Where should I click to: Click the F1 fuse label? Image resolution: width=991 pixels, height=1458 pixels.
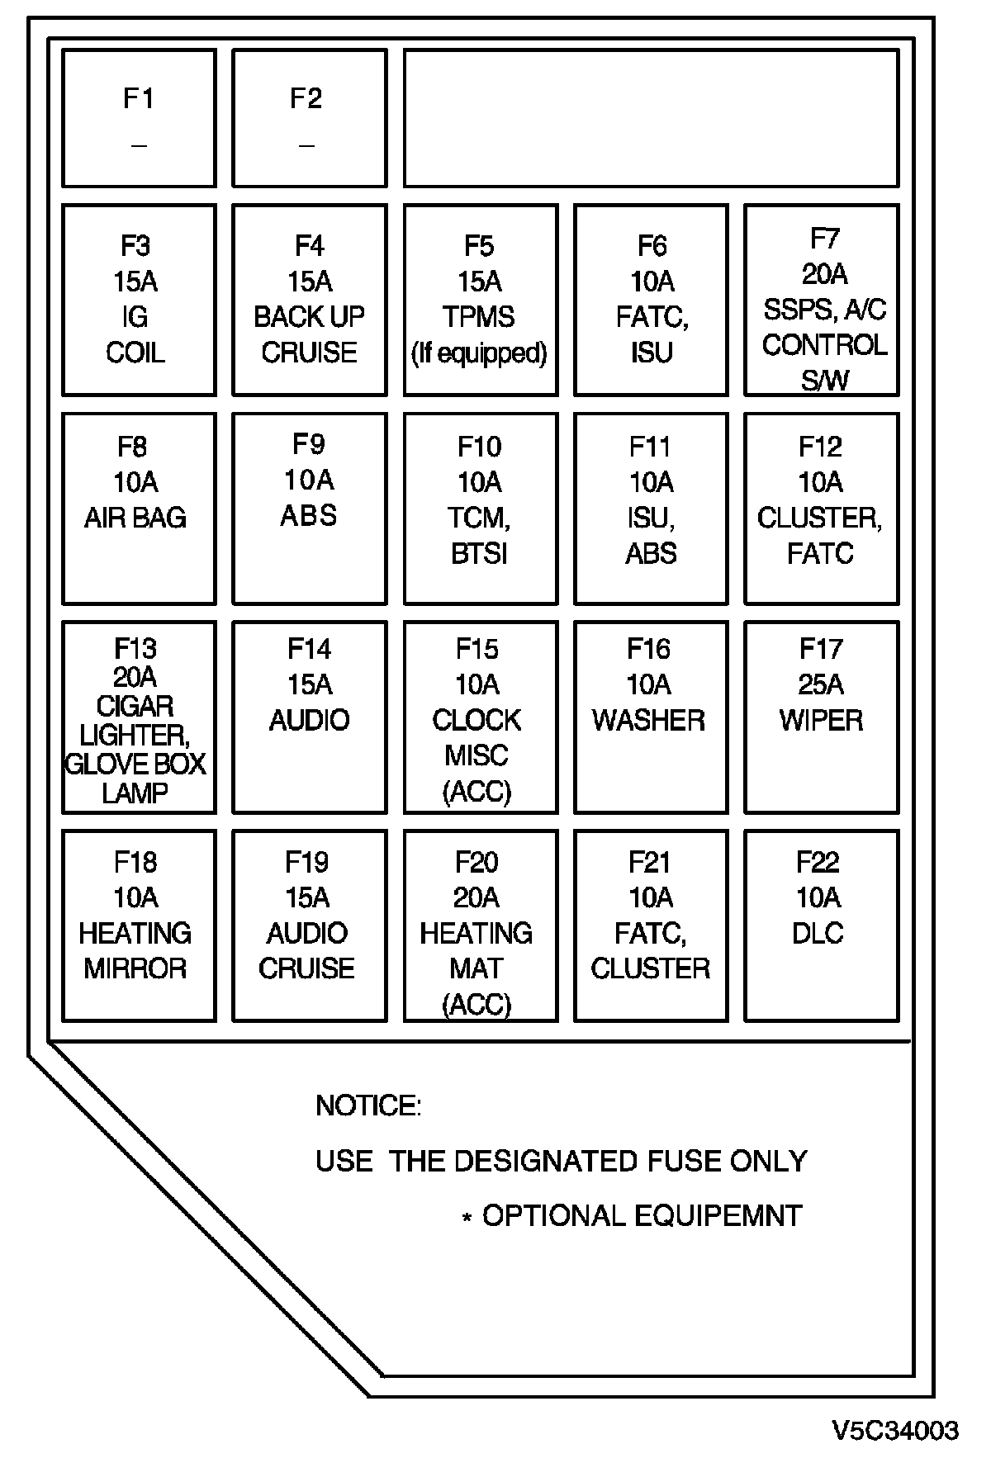[139, 99]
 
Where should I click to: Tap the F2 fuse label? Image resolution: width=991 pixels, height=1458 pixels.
[306, 99]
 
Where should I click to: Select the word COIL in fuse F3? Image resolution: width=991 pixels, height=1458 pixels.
[135, 353]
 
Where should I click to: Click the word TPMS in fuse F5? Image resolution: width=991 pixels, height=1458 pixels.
[478, 317]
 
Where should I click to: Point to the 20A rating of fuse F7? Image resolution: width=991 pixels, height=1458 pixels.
[824, 274]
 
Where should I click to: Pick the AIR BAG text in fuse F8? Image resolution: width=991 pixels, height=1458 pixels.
[135, 518]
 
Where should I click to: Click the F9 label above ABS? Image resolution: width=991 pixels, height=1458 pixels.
[309, 444]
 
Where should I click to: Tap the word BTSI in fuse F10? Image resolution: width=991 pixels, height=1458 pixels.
[479, 553]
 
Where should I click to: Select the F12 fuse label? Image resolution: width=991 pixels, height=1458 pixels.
[820, 447]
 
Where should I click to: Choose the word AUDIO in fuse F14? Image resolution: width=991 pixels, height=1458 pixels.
[310, 720]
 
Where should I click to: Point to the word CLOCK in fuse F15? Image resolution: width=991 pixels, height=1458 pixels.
[477, 720]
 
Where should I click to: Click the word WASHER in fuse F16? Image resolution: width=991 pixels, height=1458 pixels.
[649, 720]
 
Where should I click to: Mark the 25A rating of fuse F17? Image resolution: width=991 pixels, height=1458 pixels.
[821, 684]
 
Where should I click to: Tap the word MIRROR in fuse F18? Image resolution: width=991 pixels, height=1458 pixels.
[135, 968]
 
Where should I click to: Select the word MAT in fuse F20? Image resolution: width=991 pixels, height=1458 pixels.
[477, 968]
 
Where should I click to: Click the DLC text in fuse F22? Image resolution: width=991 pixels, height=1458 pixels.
[818, 933]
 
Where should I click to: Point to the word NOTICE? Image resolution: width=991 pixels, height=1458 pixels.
[368, 1105]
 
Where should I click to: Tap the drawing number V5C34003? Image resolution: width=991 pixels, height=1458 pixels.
[895, 1430]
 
